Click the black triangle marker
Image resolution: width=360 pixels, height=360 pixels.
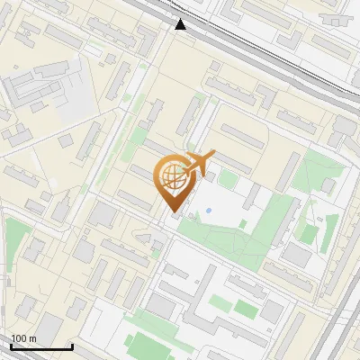[x=182, y=24]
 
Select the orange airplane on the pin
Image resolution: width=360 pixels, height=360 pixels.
[x=197, y=163]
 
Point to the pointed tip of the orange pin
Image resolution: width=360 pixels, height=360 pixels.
[x=171, y=212]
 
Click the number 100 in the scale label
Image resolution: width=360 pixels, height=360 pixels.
[x=18, y=338]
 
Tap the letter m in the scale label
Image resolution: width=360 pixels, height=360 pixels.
[x=32, y=338]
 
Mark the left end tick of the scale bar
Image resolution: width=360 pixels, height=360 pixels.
[x=11, y=346]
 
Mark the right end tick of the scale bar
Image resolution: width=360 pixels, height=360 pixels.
[x=72, y=346]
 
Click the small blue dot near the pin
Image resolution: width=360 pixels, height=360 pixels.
[x=209, y=211]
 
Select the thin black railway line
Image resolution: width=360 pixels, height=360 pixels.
[x=270, y=54]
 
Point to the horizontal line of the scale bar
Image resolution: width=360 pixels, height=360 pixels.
[x=41, y=346]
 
